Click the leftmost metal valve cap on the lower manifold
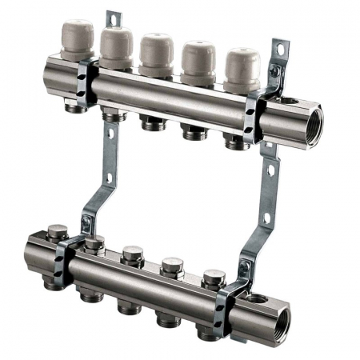[x=55, y=233]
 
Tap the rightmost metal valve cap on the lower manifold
[x=213, y=278]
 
